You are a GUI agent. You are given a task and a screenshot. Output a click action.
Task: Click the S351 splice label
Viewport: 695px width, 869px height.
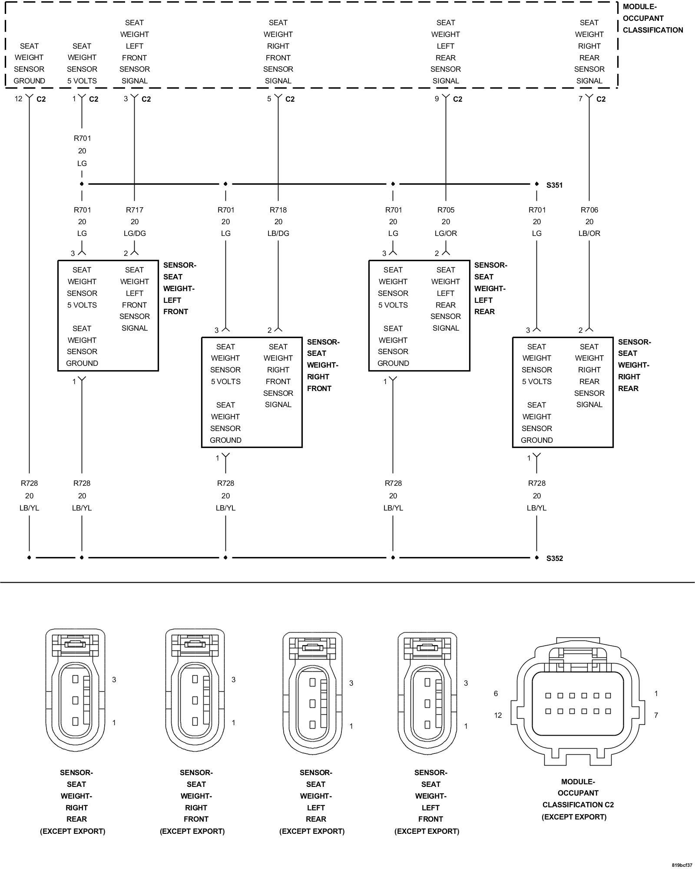pyautogui.click(x=554, y=185)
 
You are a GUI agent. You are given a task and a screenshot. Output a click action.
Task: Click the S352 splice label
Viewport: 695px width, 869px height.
pyautogui.click(x=554, y=558)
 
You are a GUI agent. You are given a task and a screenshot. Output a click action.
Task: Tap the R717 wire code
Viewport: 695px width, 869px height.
pyautogui.click(x=135, y=210)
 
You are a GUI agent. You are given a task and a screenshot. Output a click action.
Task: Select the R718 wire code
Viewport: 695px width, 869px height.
pyautogui.click(x=278, y=210)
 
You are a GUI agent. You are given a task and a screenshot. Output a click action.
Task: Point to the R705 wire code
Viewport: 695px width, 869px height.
pyautogui.click(x=446, y=210)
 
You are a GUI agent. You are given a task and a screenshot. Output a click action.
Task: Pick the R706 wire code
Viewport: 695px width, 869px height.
pyautogui.click(x=589, y=210)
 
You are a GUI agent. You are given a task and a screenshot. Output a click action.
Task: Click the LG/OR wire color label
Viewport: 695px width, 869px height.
pyautogui.click(x=446, y=233)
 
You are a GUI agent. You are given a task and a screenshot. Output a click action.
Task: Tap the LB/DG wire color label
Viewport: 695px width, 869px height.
pyautogui.click(x=278, y=233)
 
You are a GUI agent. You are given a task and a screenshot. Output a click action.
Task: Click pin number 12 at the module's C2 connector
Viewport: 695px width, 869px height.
pyautogui.click(x=18, y=99)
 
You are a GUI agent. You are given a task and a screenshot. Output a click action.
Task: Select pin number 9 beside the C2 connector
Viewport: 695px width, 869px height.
pyautogui.click(x=437, y=99)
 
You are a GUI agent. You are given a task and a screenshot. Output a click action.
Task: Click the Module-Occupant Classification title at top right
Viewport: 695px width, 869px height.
pyautogui.click(x=653, y=18)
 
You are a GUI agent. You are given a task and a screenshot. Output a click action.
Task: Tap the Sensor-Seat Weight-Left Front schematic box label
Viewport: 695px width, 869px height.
pyautogui.click(x=179, y=289)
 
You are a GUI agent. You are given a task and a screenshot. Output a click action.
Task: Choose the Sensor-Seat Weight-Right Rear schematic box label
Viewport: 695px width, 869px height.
pyautogui.click(x=634, y=365)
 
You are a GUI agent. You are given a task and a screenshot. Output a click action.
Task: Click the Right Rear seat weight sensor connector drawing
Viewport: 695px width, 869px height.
pyautogui.click(x=76, y=691)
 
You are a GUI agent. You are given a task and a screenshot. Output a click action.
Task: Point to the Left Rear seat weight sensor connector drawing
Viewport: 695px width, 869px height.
pyautogui.click(x=313, y=693)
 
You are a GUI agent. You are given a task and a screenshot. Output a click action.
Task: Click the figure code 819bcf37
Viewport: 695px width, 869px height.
pyautogui.click(x=682, y=865)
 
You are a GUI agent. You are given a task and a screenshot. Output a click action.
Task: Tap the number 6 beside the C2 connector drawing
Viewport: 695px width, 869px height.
pyautogui.click(x=496, y=693)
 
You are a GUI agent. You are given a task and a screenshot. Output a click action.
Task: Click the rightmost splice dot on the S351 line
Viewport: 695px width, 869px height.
pyautogui.click(x=537, y=184)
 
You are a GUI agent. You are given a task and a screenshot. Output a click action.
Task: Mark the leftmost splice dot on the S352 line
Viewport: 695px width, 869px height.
pyautogui.click(x=29, y=557)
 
